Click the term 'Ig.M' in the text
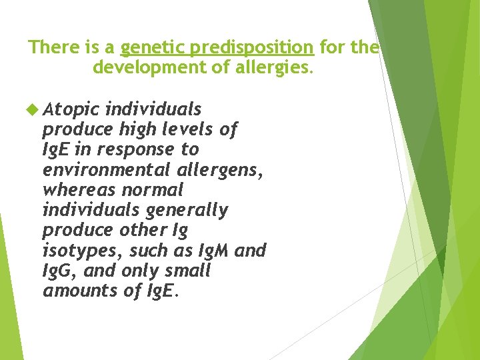213,251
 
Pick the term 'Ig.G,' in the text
60,271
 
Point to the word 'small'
187,271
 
